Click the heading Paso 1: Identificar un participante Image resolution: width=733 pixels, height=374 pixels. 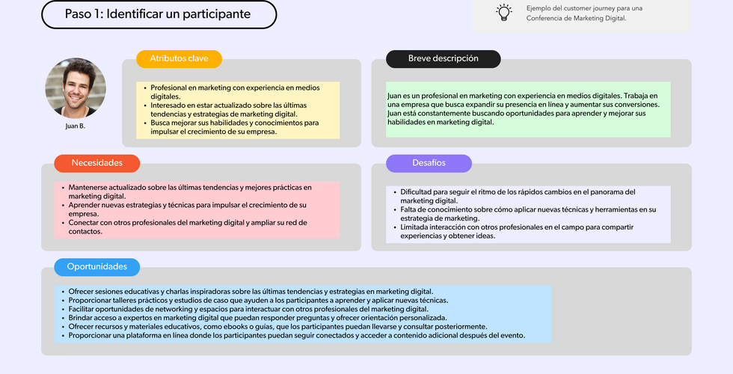click(158, 14)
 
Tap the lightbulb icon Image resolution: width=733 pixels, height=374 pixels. click(504, 12)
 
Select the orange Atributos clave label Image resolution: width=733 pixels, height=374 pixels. click(179, 58)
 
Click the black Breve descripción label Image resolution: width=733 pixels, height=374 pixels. click(443, 58)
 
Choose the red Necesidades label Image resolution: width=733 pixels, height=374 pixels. click(96, 163)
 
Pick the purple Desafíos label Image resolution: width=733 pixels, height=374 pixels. click(429, 163)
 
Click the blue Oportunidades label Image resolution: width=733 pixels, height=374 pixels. click(96, 267)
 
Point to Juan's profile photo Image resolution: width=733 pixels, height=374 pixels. click(76, 88)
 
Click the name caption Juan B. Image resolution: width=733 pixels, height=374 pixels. click(76, 126)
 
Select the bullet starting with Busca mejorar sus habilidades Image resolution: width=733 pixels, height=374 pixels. click(234, 127)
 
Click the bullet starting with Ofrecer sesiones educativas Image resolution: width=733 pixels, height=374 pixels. click(251, 291)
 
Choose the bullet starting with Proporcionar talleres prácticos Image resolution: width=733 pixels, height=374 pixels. click(258, 300)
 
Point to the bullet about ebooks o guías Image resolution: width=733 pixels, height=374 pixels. click(277, 327)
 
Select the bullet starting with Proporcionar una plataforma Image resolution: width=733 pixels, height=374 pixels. click(296, 336)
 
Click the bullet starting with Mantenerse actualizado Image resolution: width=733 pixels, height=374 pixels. click(189, 191)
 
